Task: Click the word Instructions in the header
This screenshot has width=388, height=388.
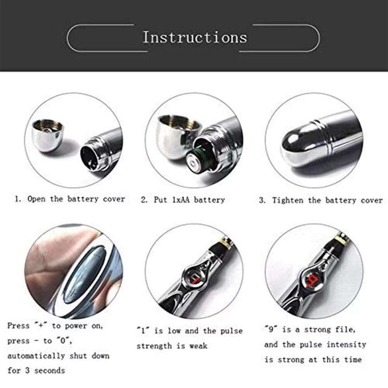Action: (x=195, y=38)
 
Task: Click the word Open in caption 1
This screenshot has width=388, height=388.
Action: (x=37, y=199)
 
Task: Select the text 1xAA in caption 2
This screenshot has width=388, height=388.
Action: (x=178, y=200)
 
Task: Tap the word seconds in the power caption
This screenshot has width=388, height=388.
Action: (x=50, y=371)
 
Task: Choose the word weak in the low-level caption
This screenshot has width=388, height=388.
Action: (x=198, y=346)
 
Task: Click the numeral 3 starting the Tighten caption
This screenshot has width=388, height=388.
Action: (x=262, y=200)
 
